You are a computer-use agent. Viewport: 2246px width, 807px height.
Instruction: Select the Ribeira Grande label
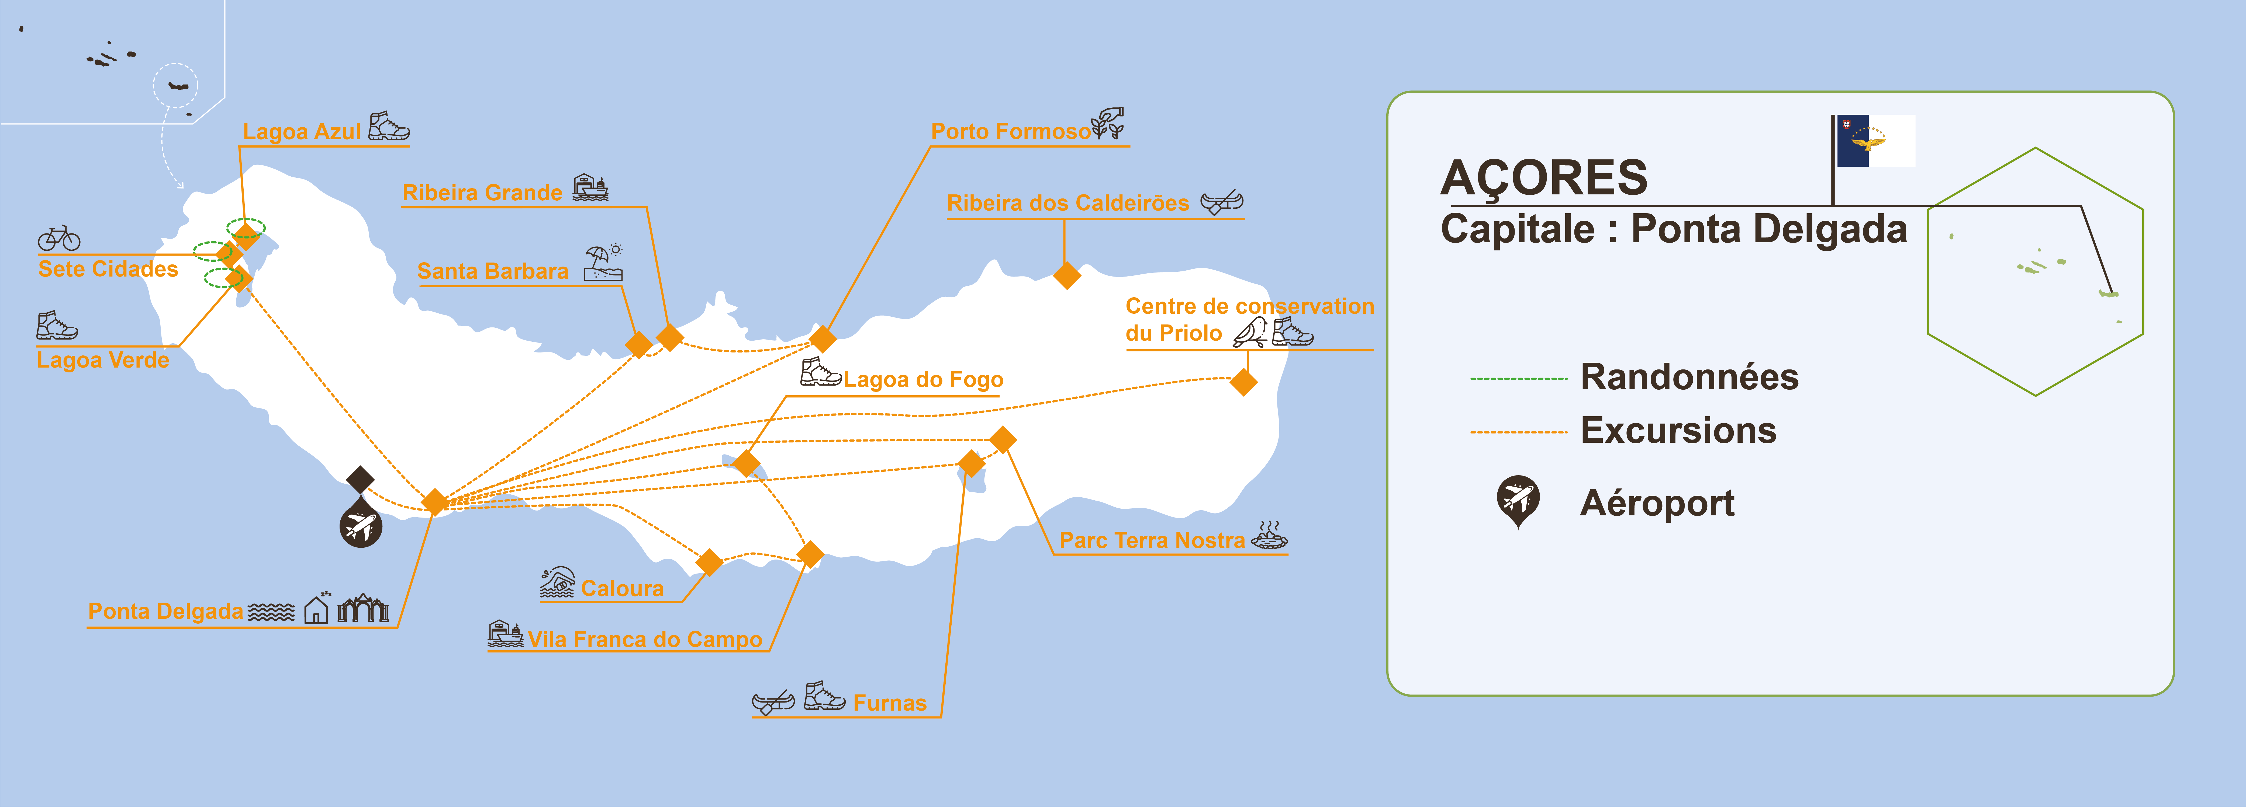pos(482,193)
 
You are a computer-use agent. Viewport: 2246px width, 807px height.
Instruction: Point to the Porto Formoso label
pos(1011,132)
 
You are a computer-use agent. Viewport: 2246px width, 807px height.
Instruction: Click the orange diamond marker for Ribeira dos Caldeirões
pos(1066,275)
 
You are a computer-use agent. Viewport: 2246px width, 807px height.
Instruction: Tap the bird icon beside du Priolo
pos(1250,332)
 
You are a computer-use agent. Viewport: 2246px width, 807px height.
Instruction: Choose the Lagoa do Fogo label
pos(923,380)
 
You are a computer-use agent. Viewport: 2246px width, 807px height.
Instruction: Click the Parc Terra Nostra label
pos(1152,540)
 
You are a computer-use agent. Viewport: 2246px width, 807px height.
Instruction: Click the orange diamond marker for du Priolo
pos(1243,382)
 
